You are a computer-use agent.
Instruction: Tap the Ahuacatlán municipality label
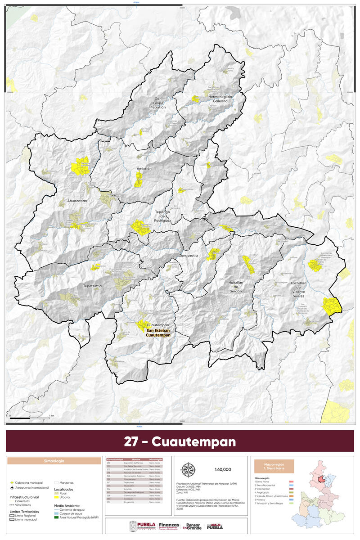pyautogui.click(x=77, y=201)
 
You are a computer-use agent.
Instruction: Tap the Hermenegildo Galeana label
pyautogui.click(x=220, y=99)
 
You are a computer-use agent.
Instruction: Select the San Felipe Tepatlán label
pyautogui.click(x=160, y=103)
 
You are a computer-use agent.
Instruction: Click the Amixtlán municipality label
pyautogui.click(x=144, y=168)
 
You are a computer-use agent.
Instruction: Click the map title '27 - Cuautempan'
pyautogui.click(x=180, y=441)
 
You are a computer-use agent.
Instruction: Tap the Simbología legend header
pyautogui.click(x=54, y=461)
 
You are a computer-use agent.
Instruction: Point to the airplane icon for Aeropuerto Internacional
pyautogui.click(x=12, y=487)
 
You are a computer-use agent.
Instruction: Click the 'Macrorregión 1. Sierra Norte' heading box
pyautogui.click(x=274, y=466)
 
